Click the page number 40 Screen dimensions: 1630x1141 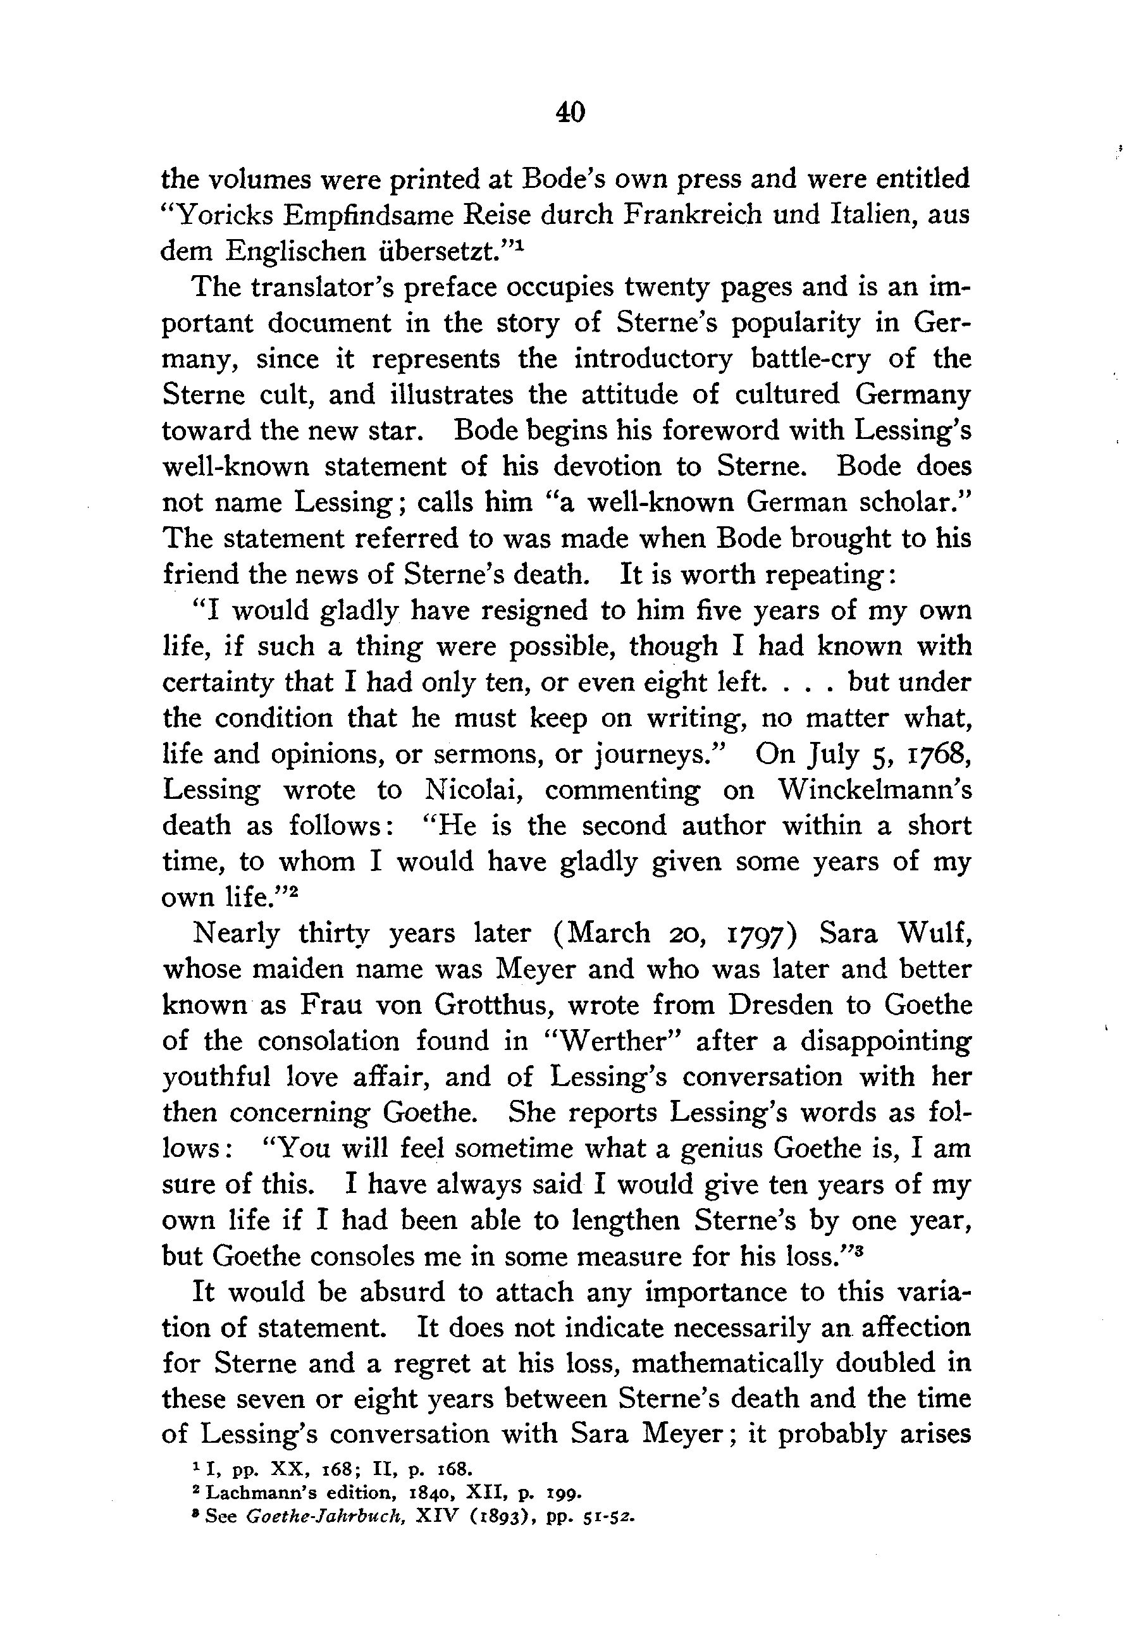(570, 112)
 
